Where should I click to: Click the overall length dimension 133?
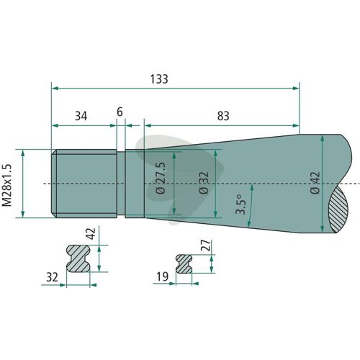click(x=159, y=79)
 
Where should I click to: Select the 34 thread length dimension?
click(x=81, y=116)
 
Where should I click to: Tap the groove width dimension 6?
click(x=120, y=112)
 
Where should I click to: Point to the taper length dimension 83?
click(x=223, y=116)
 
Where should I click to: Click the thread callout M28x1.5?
click(x=7, y=185)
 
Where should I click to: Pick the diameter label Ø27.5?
click(x=161, y=178)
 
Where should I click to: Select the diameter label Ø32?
click(x=204, y=183)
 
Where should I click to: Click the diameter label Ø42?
click(x=315, y=183)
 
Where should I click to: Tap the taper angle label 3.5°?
click(x=240, y=204)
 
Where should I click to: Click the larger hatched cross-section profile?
click(x=78, y=258)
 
